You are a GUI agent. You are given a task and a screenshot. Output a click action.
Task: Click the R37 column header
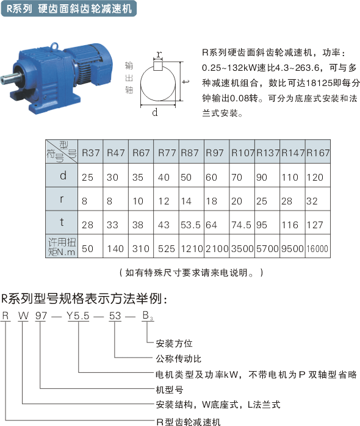point(91,153)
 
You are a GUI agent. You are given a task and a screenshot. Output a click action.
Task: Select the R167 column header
point(318,153)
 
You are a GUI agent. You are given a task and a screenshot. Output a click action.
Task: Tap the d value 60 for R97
point(211,178)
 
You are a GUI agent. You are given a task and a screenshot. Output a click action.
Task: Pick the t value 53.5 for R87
point(190,225)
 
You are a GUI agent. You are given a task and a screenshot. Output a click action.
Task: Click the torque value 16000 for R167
point(317,248)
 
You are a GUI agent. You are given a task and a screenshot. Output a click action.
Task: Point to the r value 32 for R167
point(312,201)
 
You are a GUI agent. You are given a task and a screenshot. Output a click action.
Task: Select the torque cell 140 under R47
point(115,248)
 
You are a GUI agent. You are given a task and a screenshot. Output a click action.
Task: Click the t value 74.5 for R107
point(241,225)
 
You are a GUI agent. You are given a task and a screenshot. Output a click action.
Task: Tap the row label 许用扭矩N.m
point(62,247)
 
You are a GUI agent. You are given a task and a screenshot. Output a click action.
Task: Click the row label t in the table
point(62,222)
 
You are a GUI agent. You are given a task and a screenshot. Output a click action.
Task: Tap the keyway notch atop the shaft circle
point(158,65)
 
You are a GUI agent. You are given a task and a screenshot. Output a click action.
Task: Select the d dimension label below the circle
point(155,112)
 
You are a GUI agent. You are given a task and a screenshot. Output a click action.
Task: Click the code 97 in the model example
point(41,316)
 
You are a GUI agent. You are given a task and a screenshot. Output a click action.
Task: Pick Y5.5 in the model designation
point(77,316)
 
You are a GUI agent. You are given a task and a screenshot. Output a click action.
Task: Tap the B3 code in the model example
point(148,316)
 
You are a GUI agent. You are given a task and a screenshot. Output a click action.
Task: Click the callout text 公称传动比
point(179,359)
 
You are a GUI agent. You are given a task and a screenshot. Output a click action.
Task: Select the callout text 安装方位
point(174,344)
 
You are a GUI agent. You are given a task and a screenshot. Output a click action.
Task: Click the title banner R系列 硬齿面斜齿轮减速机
point(69,9)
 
